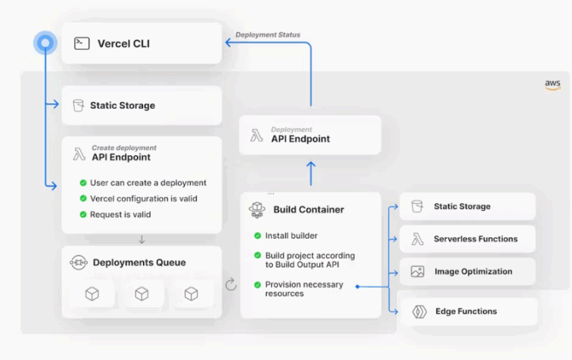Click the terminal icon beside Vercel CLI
81,43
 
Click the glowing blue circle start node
45,43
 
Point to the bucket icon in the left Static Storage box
77,105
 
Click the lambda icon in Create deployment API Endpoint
78,154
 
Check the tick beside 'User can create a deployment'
83,183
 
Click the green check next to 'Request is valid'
83,215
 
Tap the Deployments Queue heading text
139,262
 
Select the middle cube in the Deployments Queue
142,294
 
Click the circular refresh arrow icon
231,284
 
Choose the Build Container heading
308,209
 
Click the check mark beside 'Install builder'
258,236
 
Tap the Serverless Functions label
475,239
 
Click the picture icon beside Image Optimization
417,271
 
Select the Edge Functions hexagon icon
419,312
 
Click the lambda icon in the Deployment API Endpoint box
256,136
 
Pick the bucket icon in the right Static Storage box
417,206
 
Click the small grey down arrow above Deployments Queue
142,239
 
